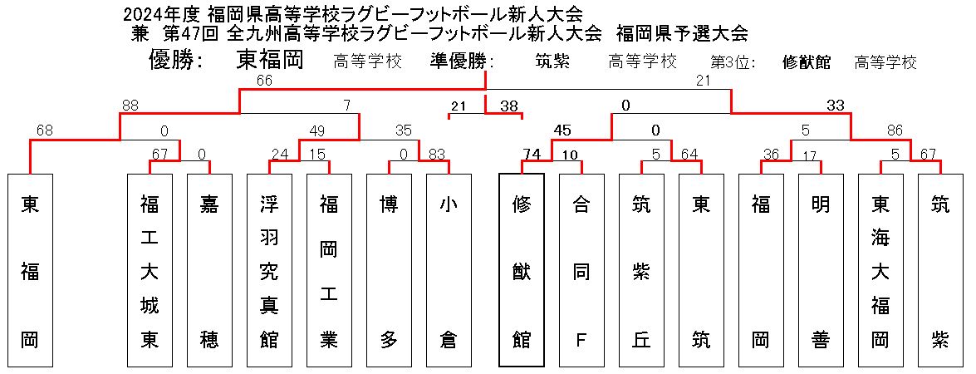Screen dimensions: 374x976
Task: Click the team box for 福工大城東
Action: tap(150, 269)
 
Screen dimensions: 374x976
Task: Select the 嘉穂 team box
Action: tap(209, 269)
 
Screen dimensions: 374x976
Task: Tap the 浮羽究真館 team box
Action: tap(269, 269)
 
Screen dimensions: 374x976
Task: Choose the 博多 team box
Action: tap(389, 269)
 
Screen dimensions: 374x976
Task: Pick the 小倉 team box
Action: tap(449, 269)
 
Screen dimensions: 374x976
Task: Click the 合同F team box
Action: tap(581, 269)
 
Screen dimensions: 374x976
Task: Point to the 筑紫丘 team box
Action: tap(641, 269)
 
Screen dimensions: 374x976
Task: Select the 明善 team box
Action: tap(821, 269)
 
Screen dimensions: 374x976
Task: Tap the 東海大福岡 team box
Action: tap(880, 269)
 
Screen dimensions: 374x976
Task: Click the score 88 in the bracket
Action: tap(130, 106)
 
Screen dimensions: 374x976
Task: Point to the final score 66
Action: tap(265, 81)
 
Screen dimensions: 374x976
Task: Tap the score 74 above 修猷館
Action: tap(532, 154)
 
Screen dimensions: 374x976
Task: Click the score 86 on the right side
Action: tap(895, 130)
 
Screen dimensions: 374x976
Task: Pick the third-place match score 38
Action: tap(509, 106)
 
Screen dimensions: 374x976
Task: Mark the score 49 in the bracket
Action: tap(316, 130)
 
